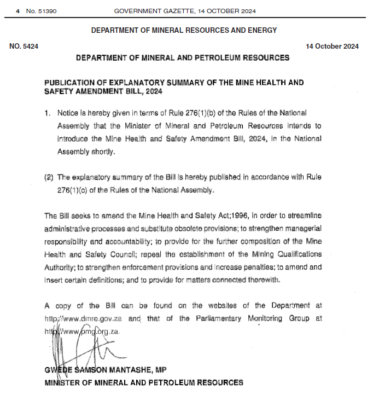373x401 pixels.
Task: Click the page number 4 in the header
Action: [x=18, y=11]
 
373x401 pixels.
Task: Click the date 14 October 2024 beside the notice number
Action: [x=333, y=47]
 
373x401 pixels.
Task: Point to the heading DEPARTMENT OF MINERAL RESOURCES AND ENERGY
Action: [x=184, y=31]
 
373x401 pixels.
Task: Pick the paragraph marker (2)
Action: [x=50, y=178]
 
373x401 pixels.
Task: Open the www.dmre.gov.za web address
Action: [x=83, y=319]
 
